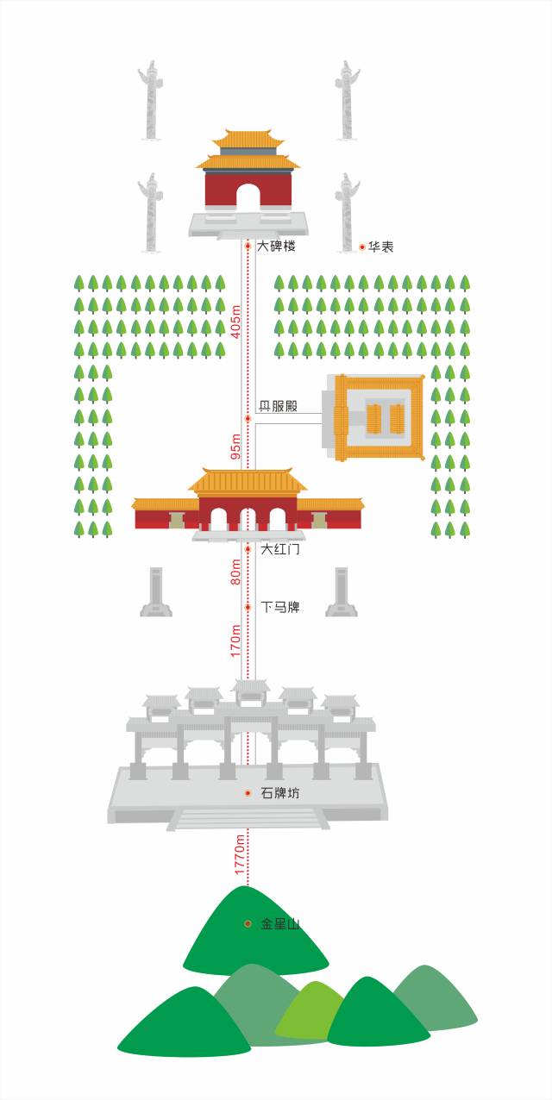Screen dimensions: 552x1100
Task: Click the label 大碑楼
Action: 277,246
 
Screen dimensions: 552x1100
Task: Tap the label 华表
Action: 381,247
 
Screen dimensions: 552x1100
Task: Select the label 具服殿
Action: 279,406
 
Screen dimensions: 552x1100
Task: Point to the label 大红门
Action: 280,548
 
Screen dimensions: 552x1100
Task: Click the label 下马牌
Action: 280,608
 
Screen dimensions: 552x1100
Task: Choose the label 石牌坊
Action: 280,793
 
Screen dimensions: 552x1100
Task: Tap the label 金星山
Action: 280,923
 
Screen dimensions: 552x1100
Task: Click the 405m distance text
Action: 236,322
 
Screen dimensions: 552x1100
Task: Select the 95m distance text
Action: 236,447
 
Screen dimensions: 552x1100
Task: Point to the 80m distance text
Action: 236,572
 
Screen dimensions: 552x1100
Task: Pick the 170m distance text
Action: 236,641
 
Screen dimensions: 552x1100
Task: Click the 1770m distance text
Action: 240,854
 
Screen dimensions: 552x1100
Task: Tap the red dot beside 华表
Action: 362,247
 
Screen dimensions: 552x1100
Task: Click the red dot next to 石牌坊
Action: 248,793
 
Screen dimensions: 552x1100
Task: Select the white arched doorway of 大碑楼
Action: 248,197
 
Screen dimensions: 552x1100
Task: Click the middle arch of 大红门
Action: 248,520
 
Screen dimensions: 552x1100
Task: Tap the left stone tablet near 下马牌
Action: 155,591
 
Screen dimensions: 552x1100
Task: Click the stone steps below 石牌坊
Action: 248,819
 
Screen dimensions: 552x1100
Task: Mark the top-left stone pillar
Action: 150,101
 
